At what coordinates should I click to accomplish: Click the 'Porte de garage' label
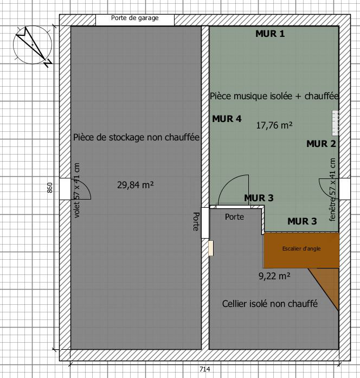tap(134, 18)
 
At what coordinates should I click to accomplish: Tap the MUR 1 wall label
tap(270, 34)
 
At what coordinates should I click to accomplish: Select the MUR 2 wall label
tap(321, 144)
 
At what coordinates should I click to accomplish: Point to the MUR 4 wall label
tap(227, 119)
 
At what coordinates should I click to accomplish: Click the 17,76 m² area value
tap(274, 125)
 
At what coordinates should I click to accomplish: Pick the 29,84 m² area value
tap(135, 185)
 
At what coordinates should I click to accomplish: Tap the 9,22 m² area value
tap(274, 276)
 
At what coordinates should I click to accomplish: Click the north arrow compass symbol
tap(33, 46)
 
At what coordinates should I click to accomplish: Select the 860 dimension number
tap(50, 188)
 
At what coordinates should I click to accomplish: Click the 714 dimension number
tap(205, 369)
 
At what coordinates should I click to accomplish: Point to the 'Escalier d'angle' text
tap(301, 249)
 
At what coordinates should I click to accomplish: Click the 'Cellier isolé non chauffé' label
tap(270, 304)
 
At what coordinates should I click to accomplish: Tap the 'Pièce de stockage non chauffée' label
tap(137, 137)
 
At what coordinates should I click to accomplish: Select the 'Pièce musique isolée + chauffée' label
tap(274, 96)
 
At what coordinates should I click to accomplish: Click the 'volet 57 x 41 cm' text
tap(77, 190)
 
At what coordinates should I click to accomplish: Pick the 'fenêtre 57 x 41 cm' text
tap(332, 189)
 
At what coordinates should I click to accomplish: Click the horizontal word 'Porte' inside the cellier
tap(234, 217)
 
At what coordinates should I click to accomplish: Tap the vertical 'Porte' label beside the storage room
tap(196, 222)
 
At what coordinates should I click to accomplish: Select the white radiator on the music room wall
tap(336, 123)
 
